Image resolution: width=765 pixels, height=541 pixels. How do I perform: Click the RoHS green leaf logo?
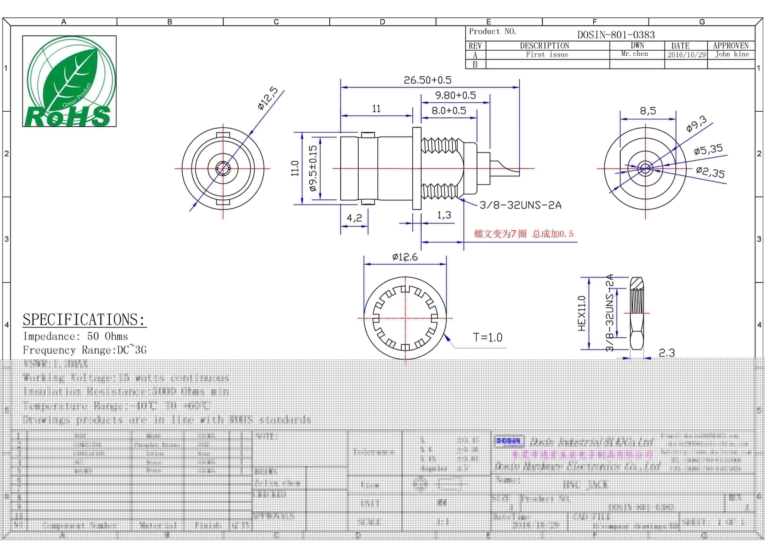(x=69, y=81)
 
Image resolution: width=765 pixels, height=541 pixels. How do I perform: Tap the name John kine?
(x=732, y=54)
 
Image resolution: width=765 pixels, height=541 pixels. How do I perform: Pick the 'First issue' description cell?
(x=547, y=54)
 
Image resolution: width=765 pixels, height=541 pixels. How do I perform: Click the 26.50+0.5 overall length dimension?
(x=428, y=80)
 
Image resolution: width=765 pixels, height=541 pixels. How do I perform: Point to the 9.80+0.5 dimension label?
(x=455, y=95)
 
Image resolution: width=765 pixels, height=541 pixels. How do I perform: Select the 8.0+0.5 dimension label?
(x=449, y=111)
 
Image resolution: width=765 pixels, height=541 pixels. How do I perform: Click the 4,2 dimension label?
(x=354, y=218)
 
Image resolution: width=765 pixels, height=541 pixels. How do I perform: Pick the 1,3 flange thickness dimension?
(x=444, y=215)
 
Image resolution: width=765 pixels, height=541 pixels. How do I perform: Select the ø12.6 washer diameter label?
(x=405, y=257)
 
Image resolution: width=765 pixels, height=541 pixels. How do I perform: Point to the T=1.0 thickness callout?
(x=487, y=337)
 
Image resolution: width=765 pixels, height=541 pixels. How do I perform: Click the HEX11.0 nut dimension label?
(x=582, y=313)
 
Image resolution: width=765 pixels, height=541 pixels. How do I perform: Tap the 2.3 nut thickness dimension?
(x=667, y=353)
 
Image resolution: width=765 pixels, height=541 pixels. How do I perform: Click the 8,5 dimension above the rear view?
(x=648, y=111)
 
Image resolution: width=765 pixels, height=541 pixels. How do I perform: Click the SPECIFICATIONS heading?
(x=84, y=319)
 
